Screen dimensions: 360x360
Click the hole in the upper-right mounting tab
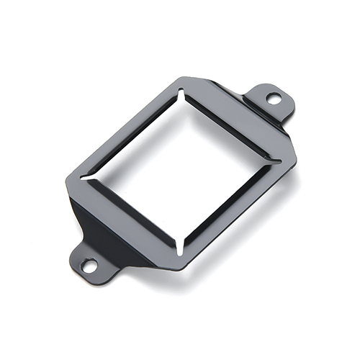pos(274,98)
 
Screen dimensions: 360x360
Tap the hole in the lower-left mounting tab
pos(89,265)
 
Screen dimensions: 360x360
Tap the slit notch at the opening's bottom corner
pos(178,246)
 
